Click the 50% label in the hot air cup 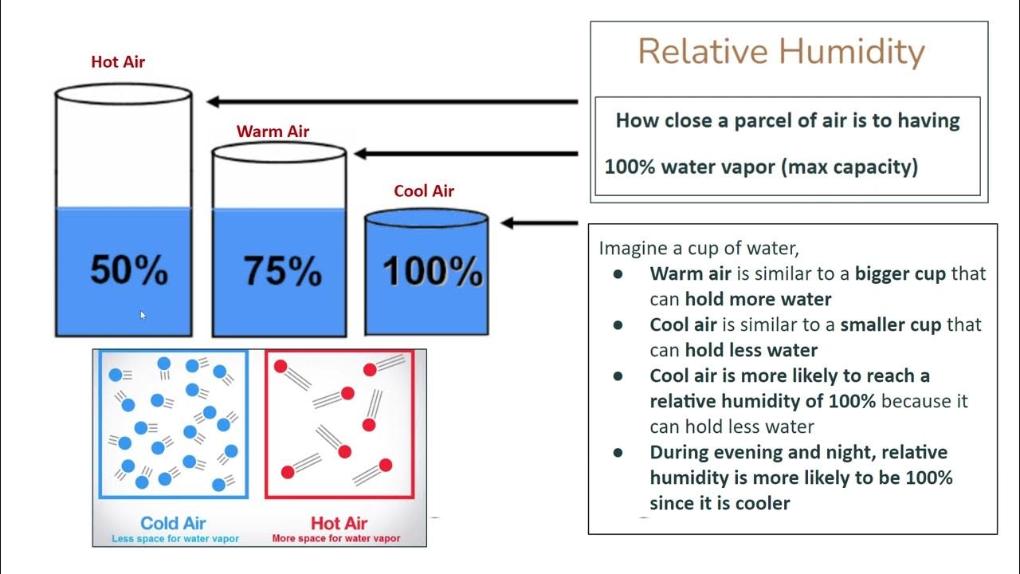(x=129, y=270)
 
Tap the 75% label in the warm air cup (x=281, y=271)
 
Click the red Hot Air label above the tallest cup (x=118, y=62)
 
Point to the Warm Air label (x=273, y=132)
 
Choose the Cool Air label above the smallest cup (x=424, y=191)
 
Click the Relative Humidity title (x=781, y=52)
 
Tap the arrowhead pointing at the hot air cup (x=214, y=101)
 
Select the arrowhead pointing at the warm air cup (x=361, y=154)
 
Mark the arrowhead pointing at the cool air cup (x=508, y=223)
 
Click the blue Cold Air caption (x=173, y=523)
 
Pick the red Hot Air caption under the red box (x=339, y=523)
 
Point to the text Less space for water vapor (x=175, y=539)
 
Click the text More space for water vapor (x=336, y=539)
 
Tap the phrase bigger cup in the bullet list (x=900, y=273)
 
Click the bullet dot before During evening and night (x=618, y=452)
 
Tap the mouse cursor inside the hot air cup (x=143, y=315)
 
